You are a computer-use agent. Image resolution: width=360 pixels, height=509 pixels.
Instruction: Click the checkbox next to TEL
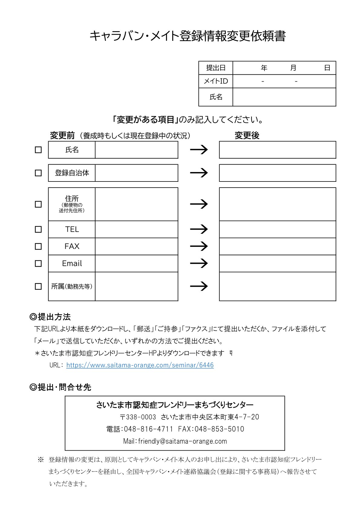pos(38,230)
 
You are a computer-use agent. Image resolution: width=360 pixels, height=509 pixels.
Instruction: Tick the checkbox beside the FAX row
pos(38,246)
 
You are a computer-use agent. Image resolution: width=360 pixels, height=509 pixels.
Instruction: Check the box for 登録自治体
pos(38,173)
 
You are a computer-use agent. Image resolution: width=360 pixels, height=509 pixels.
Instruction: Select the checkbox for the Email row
pos(38,263)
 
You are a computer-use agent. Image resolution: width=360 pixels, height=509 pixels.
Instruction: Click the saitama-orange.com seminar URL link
pos(140,365)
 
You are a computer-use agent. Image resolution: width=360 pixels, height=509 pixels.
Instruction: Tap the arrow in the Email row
pos(199,263)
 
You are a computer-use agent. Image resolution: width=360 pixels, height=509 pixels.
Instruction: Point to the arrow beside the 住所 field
pos(199,204)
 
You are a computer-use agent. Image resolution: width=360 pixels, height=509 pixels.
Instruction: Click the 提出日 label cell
pos(216,68)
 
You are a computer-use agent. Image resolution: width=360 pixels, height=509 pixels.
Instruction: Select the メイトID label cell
pos(216,81)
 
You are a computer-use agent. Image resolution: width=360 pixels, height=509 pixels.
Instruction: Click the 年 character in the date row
pos(264,68)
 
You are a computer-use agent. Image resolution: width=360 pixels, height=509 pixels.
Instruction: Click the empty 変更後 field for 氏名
pos(277,150)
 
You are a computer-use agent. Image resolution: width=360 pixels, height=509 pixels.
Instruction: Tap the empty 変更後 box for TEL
pos(277,230)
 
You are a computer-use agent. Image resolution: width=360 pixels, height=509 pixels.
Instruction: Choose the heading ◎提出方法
pos(50,317)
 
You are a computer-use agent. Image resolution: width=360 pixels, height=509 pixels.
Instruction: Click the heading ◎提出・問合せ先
pos(61,387)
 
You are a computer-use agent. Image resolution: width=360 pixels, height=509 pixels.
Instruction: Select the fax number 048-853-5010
pos(219,429)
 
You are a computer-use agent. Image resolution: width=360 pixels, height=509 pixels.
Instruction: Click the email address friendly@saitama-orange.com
pos(182,441)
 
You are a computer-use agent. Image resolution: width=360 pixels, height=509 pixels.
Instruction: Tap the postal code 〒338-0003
pos(138,417)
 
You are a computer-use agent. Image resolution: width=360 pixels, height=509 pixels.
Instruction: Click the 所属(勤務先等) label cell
pos(72,286)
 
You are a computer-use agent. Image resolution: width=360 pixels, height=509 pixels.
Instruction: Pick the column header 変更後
pos(247,135)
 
